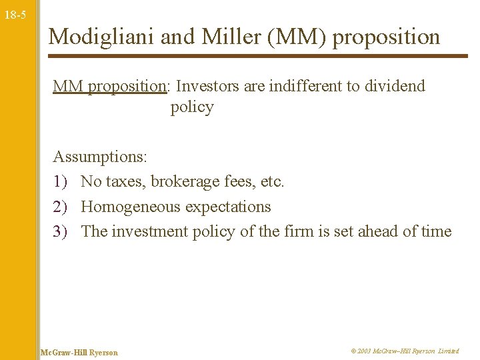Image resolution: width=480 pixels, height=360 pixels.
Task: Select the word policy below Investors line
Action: click(x=192, y=107)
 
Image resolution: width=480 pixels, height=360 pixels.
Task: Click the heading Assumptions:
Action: click(x=100, y=157)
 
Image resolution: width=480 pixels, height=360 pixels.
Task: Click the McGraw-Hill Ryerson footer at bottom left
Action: click(x=79, y=352)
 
